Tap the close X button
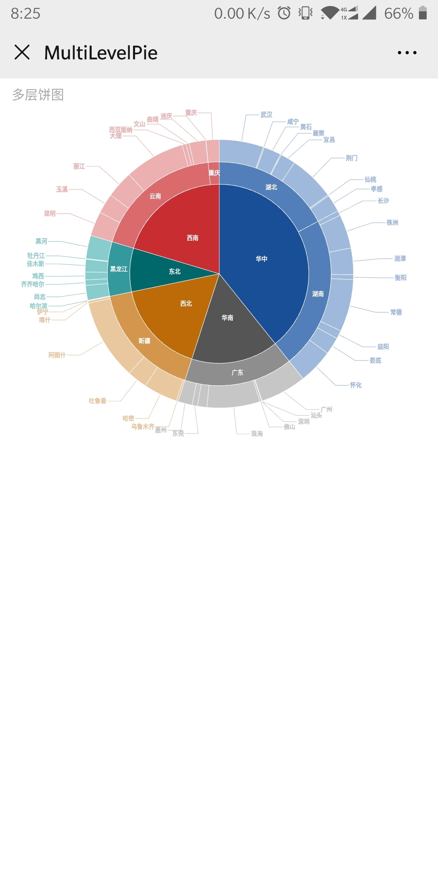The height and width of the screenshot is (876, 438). [22, 52]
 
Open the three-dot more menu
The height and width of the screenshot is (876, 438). [407, 53]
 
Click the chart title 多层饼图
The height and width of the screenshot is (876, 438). [38, 94]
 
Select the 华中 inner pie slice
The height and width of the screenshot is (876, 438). [262, 259]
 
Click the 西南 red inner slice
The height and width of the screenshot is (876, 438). [192, 238]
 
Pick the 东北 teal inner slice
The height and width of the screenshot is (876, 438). [174, 271]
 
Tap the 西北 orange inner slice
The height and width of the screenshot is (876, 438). [186, 303]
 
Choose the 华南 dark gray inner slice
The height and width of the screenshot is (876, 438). [228, 318]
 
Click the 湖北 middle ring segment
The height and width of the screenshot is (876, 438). [271, 187]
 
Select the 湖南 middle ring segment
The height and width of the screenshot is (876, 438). [318, 294]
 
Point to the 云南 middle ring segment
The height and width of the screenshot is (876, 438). [155, 196]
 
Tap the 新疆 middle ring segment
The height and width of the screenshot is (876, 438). [144, 341]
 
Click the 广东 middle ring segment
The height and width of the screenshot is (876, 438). [237, 372]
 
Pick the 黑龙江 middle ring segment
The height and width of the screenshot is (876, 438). [119, 269]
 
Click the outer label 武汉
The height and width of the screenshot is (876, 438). [266, 115]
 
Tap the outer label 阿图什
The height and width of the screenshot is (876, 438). [57, 355]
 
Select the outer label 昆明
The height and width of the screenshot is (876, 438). [50, 214]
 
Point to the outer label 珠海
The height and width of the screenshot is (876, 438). [257, 434]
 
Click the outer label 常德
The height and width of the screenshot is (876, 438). [396, 312]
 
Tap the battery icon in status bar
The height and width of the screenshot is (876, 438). [423, 13]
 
